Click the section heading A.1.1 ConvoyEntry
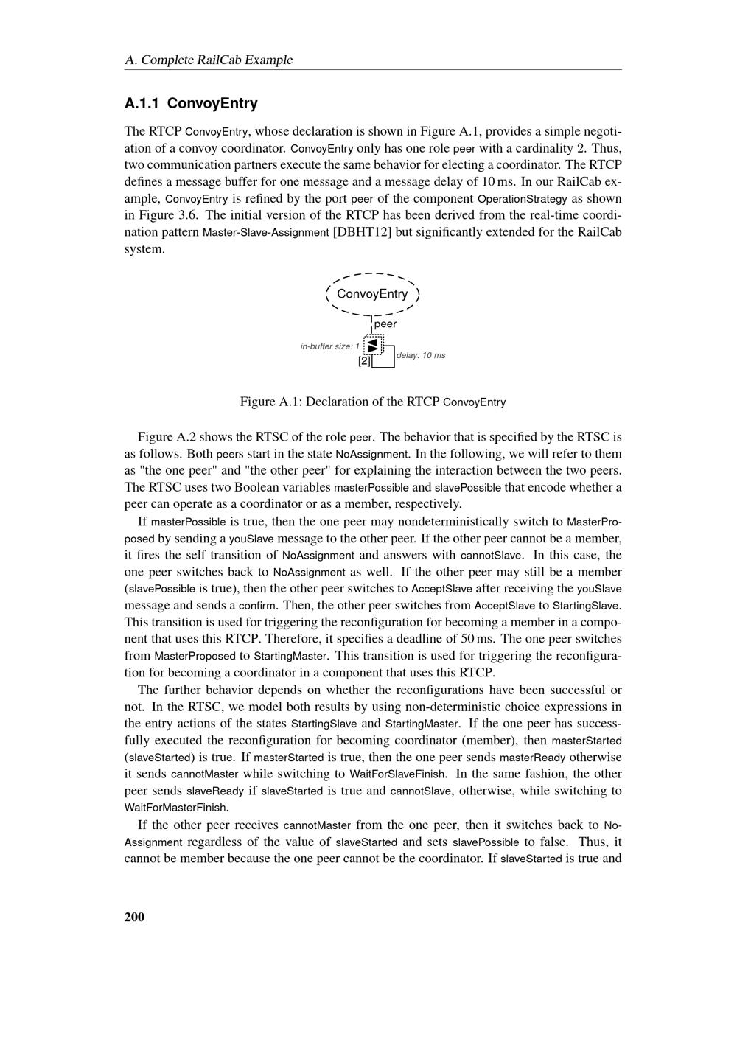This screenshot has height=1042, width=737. pos(191,103)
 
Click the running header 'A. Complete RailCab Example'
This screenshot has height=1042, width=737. pos(209,60)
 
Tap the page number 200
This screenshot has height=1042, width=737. pos(135,917)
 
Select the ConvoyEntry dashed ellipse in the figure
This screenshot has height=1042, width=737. pos(372,294)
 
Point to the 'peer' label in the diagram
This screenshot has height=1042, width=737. pos(385,324)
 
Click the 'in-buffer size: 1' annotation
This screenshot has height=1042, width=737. pos(329,346)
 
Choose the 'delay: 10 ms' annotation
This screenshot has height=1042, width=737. pos(421,355)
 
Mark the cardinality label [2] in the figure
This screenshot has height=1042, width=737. pos(365,361)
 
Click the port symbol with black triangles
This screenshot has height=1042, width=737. pos(373,345)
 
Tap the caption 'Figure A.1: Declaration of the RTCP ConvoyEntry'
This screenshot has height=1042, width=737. pos(372,402)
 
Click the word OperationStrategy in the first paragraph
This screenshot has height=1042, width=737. pos(523,199)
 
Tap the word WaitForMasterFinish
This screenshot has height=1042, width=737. pos(175,808)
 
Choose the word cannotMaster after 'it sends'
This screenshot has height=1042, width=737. pos(205,774)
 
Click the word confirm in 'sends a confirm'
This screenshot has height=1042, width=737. pos(258,606)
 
